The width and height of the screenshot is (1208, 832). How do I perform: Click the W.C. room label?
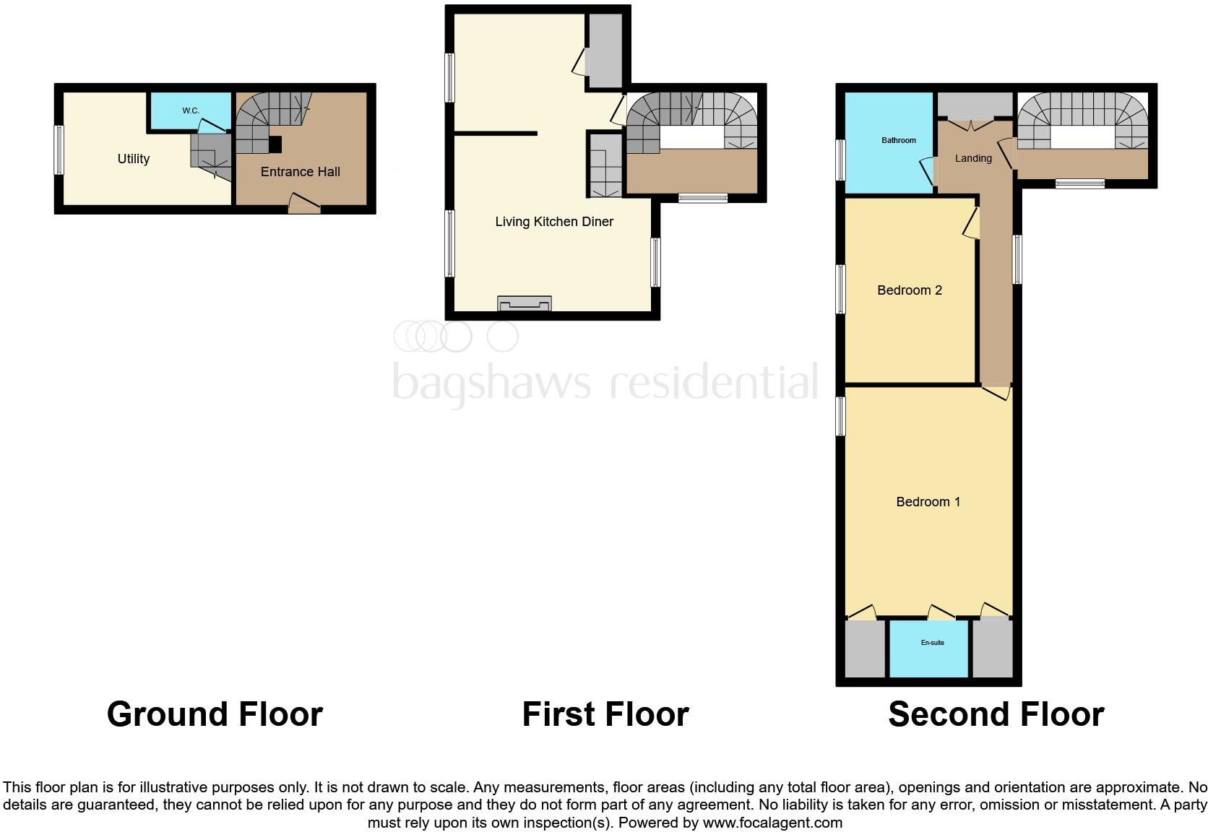pos(191,110)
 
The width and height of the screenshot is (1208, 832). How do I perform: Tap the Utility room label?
pos(134,159)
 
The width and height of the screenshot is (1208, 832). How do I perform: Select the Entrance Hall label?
pos(300,172)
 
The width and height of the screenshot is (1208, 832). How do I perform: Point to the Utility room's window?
pos(59,149)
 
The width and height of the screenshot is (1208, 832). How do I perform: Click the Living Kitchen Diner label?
pos(554,222)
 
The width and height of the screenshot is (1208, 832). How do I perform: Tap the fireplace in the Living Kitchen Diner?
pos(525,304)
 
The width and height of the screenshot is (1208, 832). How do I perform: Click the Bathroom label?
pos(899,140)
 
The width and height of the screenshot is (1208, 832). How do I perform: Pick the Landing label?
pos(973,158)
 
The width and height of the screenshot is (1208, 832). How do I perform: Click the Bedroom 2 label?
pos(909,290)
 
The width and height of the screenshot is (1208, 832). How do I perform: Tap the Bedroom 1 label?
pos(928,502)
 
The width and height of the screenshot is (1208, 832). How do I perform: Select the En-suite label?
pos(932,643)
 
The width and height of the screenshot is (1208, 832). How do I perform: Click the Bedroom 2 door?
pos(972,223)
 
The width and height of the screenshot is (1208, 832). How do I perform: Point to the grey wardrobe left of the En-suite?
pos(865,649)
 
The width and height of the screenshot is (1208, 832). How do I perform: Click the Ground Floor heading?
pos(215,714)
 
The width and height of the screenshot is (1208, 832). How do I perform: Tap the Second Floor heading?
pos(996,714)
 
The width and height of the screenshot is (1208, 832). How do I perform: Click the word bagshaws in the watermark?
pos(491,382)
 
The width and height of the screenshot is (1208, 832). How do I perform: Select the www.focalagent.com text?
pos(772,823)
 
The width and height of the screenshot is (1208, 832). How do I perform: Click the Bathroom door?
pos(928,173)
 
